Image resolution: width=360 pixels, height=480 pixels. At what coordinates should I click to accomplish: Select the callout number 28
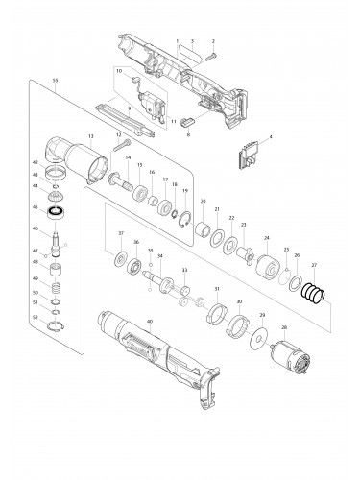point(284,327)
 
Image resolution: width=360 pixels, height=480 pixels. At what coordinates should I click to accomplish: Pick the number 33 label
point(184,271)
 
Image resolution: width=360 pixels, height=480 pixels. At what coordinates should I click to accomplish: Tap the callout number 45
point(35,206)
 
